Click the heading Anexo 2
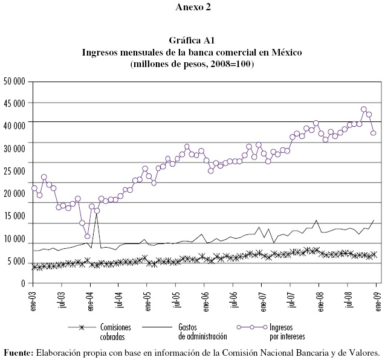click(192, 8)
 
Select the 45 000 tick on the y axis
click(16, 103)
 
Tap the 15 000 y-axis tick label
click(16, 216)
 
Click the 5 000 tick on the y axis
click(19, 262)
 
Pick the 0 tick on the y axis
click(27, 284)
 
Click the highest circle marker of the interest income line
click(364, 110)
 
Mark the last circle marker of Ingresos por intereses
click(374, 133)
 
